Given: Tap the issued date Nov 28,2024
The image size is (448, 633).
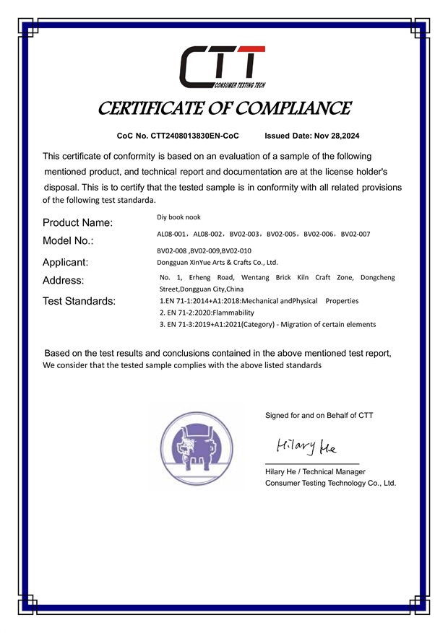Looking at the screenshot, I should pyautogui.click(x=335, y=136).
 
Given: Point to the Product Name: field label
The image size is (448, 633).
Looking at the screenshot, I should pyautogui.click(x=77, y=222).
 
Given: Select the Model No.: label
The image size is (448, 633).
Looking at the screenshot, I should pyautogui.click(x=68, y=240).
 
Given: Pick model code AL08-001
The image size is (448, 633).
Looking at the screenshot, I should pyautogui.click(x=172, y=234).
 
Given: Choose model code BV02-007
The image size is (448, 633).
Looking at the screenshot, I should pyautogui.click(x=356, y=234).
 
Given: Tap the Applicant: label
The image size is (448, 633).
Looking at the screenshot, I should pyautogui.click(x=65, y=262).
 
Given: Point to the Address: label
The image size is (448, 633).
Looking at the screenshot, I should pyautogui.click(x=63, y=280).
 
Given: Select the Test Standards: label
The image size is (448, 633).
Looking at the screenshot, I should pyautogui.click(x=79, y=302).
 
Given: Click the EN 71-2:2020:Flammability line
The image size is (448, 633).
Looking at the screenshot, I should pyautogui.click(x=207, y=313).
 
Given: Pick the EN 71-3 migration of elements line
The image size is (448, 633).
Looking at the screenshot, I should pyautogui.click(x=267, y=325).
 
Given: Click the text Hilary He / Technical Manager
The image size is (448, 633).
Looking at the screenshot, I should pyautogui.click(x=315, y=471).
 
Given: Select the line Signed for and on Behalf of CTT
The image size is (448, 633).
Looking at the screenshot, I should pyautogui.click(x=319, y=415).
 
